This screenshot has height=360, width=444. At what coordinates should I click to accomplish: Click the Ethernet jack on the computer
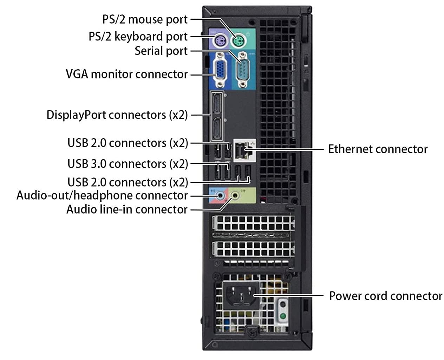(x=242, y=150)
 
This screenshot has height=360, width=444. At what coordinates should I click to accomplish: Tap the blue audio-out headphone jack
(x=220, y=195)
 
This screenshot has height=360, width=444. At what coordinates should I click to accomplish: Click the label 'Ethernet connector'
(x=378, y=149)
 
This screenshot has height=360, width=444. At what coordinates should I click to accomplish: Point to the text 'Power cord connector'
(x=385, y=296)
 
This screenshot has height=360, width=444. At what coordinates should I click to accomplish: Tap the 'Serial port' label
(x=161, y=51)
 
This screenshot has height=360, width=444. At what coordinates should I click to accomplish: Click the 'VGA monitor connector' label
(x=127, y=74)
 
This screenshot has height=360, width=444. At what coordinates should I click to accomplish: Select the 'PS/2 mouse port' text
(x=145, y=19)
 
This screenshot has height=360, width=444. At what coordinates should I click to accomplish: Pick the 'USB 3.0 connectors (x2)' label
(x=128, y=164)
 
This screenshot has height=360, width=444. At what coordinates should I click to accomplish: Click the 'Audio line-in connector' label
(x=127, y=210)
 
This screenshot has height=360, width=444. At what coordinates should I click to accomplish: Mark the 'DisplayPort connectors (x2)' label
(x=117, y=115)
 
